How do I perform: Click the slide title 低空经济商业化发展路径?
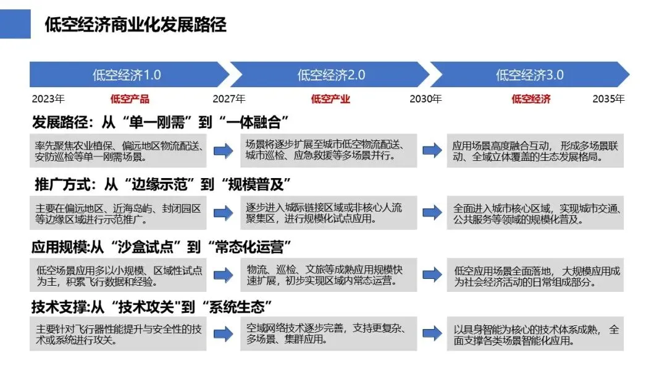[135, 24]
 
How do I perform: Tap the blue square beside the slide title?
[15, 23]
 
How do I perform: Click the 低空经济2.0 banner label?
[331, 75]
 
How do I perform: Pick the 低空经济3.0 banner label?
[529, 75]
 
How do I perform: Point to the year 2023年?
[48, 99]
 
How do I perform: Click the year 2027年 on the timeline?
[229, 99]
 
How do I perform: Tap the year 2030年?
[426, 99]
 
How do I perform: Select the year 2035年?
[608, 99]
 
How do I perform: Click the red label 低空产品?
[130, 99]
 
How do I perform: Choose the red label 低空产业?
[330, 99]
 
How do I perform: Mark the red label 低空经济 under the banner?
[531, 99]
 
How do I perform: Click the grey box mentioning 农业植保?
[119, 151]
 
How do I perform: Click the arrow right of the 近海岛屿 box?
[223, 212]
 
